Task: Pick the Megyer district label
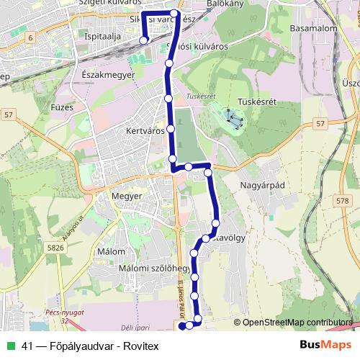point(128,195)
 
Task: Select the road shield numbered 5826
point(55,247)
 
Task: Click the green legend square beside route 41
point(11,345)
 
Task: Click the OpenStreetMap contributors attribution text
point(296,323)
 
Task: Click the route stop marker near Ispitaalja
point(143,40)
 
